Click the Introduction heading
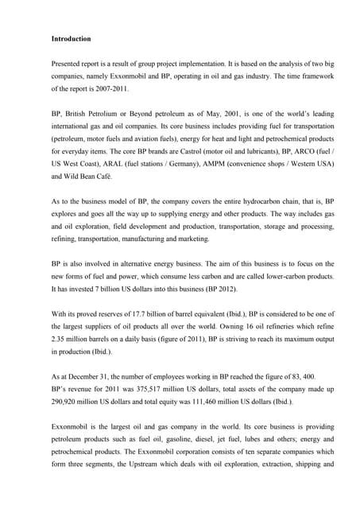(x=71, y=39)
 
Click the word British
(x=78, y=115)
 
